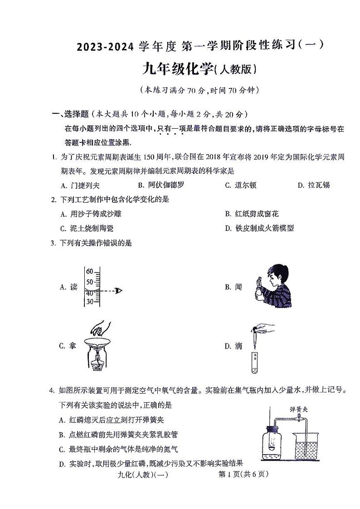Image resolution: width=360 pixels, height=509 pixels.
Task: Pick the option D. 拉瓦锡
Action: (x=313, y=185)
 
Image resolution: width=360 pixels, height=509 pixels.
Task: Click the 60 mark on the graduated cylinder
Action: (x=89, y=271)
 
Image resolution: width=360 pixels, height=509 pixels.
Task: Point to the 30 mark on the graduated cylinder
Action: (x=89, y=301)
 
